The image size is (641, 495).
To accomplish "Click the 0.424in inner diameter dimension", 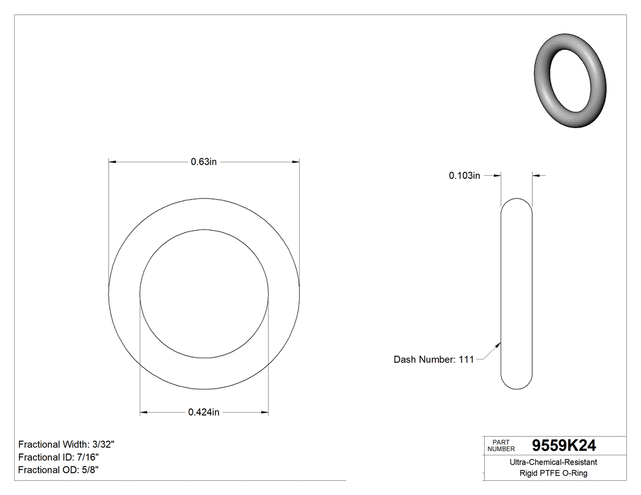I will pyautogui.click(x=203, y=413).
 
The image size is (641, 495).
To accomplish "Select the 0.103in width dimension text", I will pyautogui.click(x=465, y=176).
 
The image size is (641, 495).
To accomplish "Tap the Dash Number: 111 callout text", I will pyautogui.click(x=433, y=360).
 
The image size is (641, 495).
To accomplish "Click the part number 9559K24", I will pyautogui.click(x=564, y=446).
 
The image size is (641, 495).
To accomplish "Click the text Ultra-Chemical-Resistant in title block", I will pyautogui.click(x=553, y=463).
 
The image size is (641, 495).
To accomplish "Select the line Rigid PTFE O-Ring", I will pyautogui.click(x=553, y=473).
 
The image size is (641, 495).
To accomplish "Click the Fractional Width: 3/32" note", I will pyautogui.click(x=67, y=444).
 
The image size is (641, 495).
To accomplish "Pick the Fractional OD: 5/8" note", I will pyautogui.click(x=59, y=469).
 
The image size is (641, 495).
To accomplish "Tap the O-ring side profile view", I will pyautogui.click(x=516, y=293).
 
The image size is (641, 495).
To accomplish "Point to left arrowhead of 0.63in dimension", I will pyautogui.click(x=112, y=162).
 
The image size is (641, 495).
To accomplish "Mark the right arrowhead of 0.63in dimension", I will pyautogui.click(x=296, y=162).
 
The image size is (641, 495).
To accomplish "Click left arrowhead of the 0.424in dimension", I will pyautogui.click(x=144, y=413).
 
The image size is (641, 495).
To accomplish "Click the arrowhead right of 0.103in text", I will pyautogui.click(x=497, y=176).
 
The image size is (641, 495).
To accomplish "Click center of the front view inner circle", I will pyautogui.click(x=204, y=294).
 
